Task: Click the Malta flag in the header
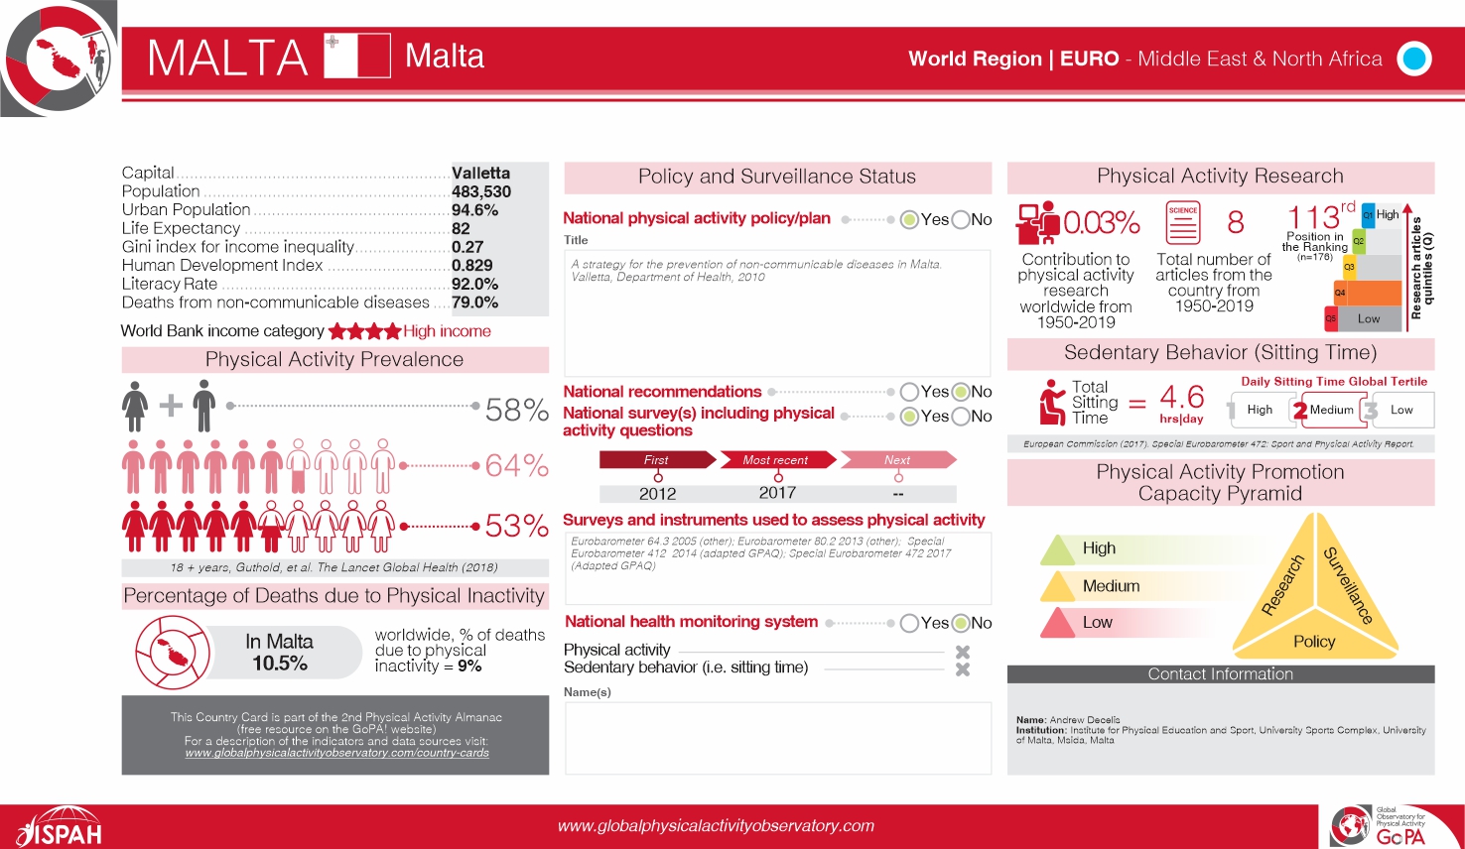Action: [x=357, y=56]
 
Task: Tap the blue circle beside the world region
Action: [x=1413, y=59]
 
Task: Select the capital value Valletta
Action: [x=480, y=173]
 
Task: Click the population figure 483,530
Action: [x=481, y=191]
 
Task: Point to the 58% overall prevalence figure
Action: [x=516, y=410]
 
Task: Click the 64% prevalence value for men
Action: [x=516, y=465]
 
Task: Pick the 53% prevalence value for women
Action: [x=516, y=526]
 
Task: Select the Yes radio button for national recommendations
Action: [x=909, y=392]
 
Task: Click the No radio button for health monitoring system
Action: [x=961, y=623]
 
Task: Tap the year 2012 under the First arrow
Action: [x=657, y=493]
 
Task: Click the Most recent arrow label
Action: [x=776, y=460]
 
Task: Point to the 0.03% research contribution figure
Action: [x=1101, y=222]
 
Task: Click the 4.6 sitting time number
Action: [x=1181, y=397]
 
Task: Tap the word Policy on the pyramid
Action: [x=1314, y=642]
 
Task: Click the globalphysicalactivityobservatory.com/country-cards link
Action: [x=336, y=753]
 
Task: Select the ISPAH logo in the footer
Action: [x=60, y=827]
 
